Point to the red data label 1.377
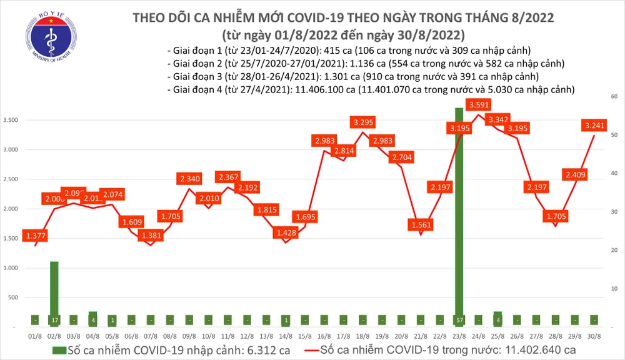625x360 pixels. click(36, 235)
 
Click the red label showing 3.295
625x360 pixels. click(363, 121)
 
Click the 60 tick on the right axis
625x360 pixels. click(614, 97)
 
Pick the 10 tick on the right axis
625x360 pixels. click(614, 289)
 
